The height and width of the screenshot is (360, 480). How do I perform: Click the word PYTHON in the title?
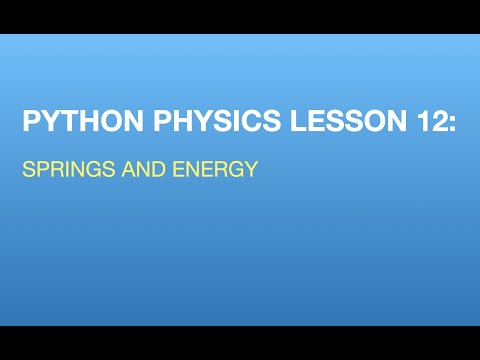tap(83, 120)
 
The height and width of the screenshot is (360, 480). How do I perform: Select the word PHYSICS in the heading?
tap(217, 120)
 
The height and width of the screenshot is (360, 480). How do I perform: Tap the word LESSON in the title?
tap(348, 120)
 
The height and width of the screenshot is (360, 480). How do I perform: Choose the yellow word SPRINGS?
tap(69, 169)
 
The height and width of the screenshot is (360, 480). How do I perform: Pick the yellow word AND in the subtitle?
tap(144, 169)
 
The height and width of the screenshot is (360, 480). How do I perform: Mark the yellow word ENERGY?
tap(215, 169)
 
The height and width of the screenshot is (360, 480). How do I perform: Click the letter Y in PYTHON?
tap(51, 120)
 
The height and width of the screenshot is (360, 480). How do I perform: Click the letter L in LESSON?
tap(298, 120)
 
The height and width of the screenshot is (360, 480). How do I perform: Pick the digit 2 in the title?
tap(435, 120)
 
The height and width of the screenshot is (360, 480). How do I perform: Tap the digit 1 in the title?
tap(421, 120)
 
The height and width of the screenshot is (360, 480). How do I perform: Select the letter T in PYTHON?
tap(70, 120)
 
